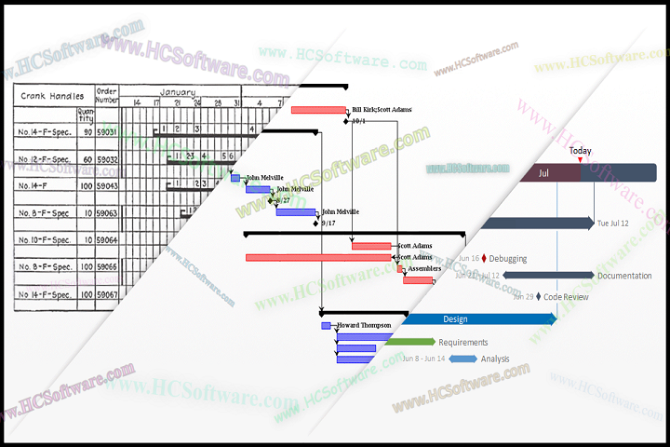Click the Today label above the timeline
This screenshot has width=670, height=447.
click(580, 151)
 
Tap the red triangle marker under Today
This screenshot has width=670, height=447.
click(580, 160)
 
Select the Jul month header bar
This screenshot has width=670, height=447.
click(544, 172)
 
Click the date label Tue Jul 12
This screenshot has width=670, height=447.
click(613, 223)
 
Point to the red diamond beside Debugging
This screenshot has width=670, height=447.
click(484, 258)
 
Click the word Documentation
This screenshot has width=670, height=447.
click(624, 276)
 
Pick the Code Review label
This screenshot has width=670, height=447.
click(566, 297)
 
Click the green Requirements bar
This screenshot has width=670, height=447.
click(409, 342)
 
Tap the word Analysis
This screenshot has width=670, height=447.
click(495, 359)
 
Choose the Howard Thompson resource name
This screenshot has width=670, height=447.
click(364, 325)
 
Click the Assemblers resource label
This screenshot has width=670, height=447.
click(424, 268)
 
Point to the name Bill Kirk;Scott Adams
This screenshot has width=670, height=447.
click(382, 110)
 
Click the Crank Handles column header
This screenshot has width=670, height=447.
click(51, 96)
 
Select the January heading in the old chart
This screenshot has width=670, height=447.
click(177, 92)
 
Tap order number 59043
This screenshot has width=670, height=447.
click(107, 185)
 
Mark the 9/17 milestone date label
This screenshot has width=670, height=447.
click(328, 223)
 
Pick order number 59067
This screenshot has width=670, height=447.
click(107, 294)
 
